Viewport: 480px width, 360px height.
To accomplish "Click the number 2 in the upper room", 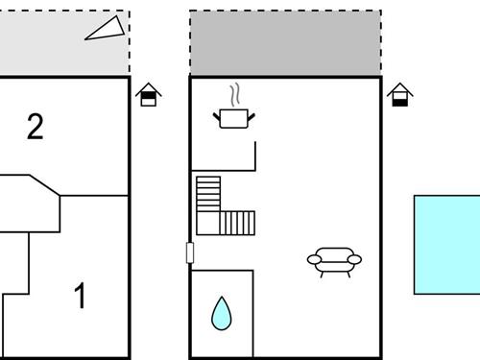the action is pos(36,128).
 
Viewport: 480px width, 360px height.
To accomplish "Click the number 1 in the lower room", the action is pos(81,296).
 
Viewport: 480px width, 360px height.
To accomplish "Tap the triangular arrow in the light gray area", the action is pos(106,29).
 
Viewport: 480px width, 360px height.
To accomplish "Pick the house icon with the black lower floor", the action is pos(400,94).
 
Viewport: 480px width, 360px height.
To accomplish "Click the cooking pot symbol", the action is pos(234,117).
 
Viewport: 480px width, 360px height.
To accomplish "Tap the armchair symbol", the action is pos(333,259).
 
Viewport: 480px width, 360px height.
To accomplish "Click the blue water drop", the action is pos(222,313).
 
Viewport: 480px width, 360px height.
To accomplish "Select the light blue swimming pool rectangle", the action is pos(447,244).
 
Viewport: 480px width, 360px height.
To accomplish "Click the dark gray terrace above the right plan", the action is pos(285,43).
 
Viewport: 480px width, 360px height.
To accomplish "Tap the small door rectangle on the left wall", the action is pos(190,253).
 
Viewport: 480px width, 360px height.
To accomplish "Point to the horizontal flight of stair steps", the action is pos(239,224).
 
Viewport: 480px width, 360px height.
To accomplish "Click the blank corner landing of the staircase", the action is pos(208,224).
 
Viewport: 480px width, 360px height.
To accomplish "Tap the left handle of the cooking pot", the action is pos(216,114).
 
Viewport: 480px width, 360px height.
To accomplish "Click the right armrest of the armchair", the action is pos(354,259).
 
